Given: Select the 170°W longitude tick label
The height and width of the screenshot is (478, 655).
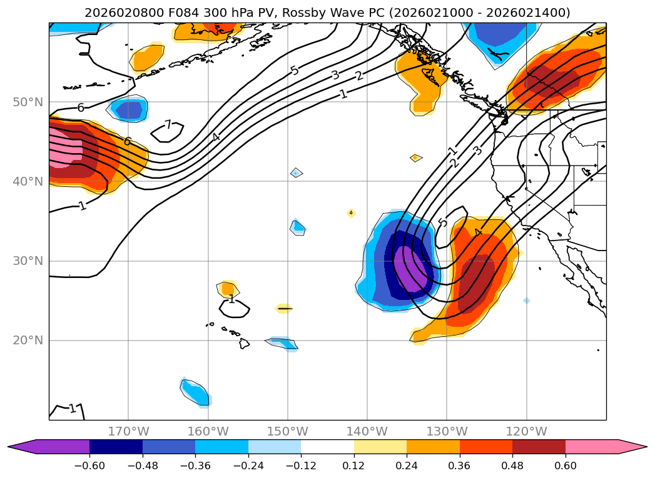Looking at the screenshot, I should click(128, 431).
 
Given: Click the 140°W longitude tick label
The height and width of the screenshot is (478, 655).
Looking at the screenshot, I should click(367, 431).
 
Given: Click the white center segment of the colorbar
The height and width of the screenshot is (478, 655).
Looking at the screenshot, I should click(327, 447).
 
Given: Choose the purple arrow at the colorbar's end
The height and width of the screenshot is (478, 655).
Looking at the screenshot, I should click(22, 447).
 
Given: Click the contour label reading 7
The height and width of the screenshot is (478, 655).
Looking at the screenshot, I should click(168, 125).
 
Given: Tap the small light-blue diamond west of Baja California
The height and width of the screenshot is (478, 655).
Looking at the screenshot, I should click(526, 301).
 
